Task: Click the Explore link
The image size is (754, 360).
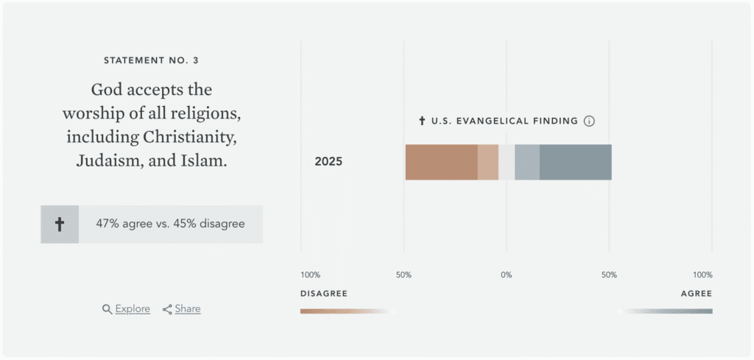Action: point(133,309)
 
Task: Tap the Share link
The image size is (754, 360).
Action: point(188,309)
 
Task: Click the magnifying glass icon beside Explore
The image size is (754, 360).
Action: point(107,309)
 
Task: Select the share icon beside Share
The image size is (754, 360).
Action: point(167,309)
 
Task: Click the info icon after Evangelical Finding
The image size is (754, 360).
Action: point(589,121)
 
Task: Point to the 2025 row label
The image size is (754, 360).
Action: point(328,162)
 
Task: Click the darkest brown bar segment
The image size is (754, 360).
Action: point(441,162)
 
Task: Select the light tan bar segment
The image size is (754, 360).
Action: point(488,162)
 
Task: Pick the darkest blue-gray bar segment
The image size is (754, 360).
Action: point(575,162)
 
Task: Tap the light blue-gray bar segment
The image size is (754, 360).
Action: point(527,162)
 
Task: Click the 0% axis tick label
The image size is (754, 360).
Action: point(507,275)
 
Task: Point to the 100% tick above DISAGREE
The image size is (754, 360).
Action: point(310,275)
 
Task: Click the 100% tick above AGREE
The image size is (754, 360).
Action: point(702,275)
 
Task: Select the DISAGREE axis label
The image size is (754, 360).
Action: point(323,294)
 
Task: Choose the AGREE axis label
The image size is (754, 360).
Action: point(697,294)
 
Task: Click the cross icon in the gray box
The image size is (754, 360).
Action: point(60,225)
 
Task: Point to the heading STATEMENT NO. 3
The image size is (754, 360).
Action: point(151,60)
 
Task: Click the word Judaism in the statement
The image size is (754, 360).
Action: point(110,160)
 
